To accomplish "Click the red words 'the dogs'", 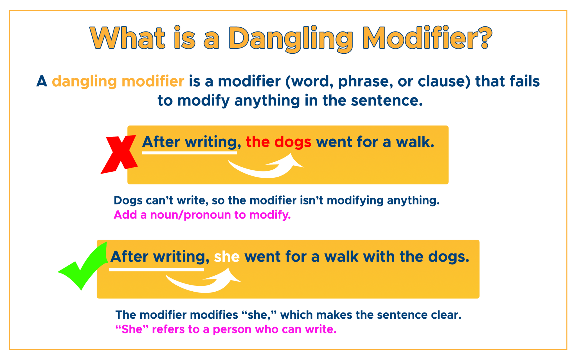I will (x=278, y=142).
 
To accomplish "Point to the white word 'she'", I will (x=227, y=257).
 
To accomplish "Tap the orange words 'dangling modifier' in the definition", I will (x=118, y=82).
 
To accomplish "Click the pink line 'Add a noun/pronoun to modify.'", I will (x=202, y=215).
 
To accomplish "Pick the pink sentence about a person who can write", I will (x=226, y=329).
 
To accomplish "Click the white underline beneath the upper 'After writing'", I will (x=189, y=153).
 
